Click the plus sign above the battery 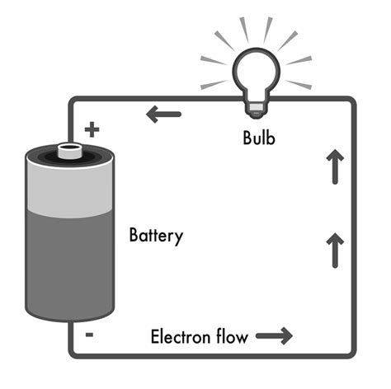pyautogui.click(x=92, y=129)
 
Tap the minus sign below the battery pyautogui.click(x=89, y=335)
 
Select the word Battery pyautogui.click(x=156, y=236)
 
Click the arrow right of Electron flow pyautogui.click(x=274, y=336)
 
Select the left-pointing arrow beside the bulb pyautogui.click(x=163, y=115)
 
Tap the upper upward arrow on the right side pyautogui.click(x=335, y=166)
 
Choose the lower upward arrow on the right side pyautogui.click(x=335, y=249)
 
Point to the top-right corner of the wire pyautogui.click(x=352, y=101)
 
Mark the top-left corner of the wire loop pyautogui.click(x=72, y=101)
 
